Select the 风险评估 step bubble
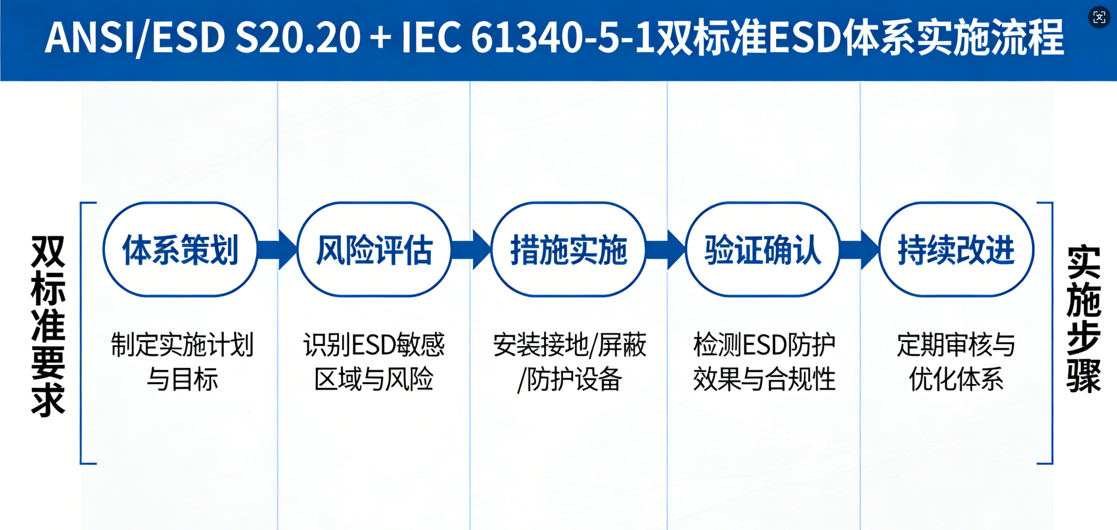(x=374, y=250)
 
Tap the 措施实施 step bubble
(x=568, y=250)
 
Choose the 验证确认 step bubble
(x=763, y=250)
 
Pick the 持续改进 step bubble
(x=956, y=250)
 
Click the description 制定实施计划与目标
(x=182, y=362)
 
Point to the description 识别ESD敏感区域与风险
(x=374, y=362)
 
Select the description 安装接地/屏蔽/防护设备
(x=569, y=362)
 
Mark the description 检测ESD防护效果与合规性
(x=764, y=362)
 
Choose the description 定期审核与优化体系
(x=956, y=362)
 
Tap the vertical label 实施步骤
(x=1083, y=319)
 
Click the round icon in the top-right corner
(x=1099, y=17)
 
